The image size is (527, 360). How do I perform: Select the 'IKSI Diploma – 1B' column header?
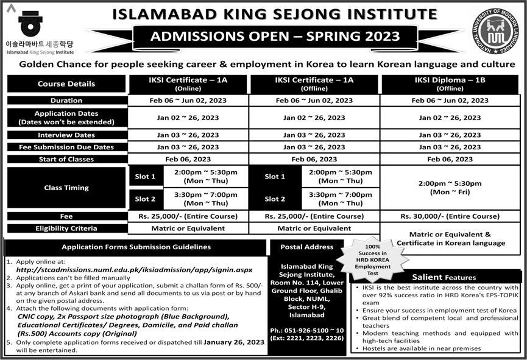click(450, 84)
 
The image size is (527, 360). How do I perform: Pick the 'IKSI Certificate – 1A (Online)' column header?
click(188, 84)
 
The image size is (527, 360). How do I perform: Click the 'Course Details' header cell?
click(66, 84)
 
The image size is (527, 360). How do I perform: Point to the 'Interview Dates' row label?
click(66, 135)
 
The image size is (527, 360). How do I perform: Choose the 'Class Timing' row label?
click(66, 188)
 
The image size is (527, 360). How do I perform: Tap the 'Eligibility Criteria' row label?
click(66, 228)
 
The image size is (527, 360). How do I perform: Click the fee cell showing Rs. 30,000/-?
click(450, 216)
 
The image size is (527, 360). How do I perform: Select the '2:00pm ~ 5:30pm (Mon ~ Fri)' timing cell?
click(450, 188)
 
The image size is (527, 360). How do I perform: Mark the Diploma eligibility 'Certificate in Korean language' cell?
click(450, 238)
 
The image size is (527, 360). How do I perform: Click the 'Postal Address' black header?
click(306, 247)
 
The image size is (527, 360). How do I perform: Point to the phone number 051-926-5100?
click(306, 331)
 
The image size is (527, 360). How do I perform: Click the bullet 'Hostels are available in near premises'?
click(420, 348)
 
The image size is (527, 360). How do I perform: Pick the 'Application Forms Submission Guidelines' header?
click(136, 247)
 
